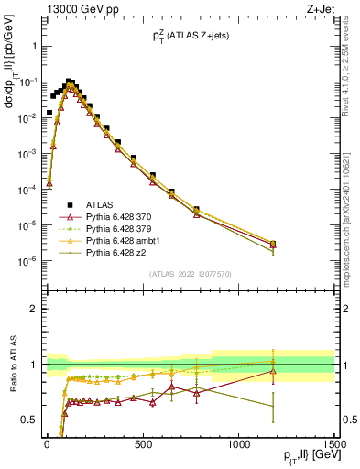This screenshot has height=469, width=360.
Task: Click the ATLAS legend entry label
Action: [x=99, y=204]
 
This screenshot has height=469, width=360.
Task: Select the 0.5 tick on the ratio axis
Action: [x=29, y=420]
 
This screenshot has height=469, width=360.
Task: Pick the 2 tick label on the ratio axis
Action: [x=33, y=309]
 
